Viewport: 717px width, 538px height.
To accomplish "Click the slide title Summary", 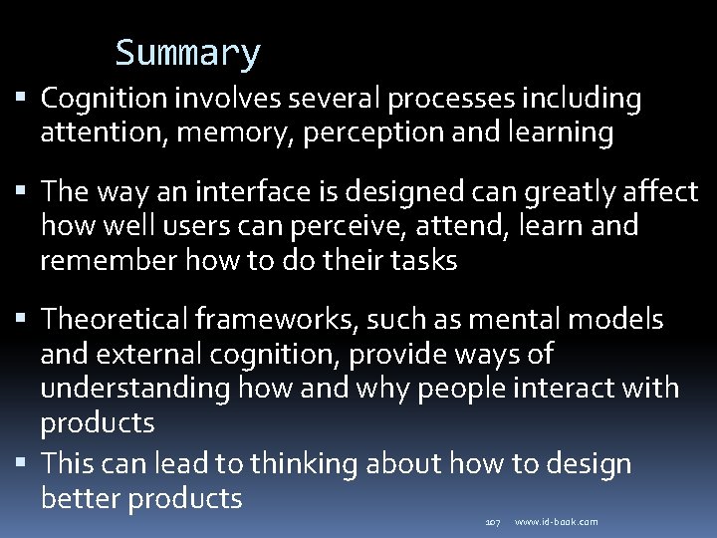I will click(x=187, y=53).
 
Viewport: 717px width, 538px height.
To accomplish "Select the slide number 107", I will click(x=492, y=522).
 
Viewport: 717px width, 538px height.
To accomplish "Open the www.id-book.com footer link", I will click(x=557, y=522).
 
